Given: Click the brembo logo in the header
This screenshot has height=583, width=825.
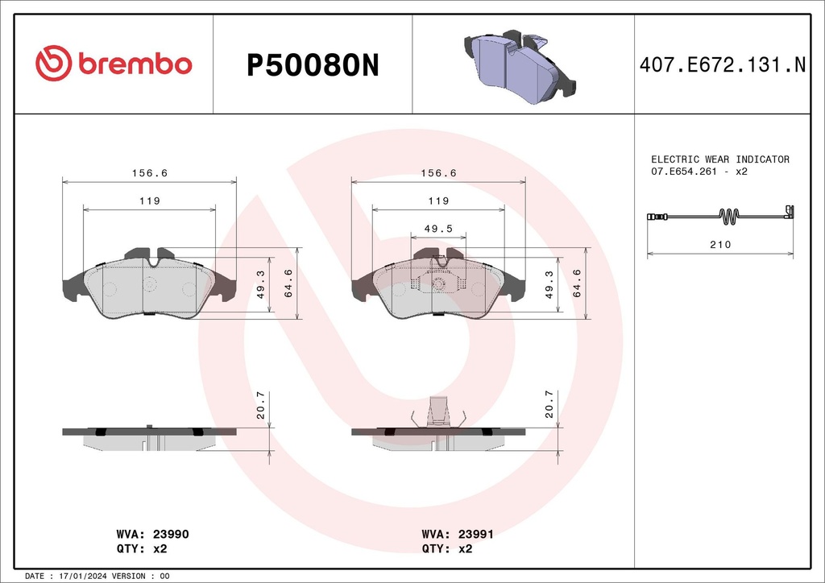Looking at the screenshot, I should point(113,64).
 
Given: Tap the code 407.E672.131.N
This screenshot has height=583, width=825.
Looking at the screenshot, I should point(722,65).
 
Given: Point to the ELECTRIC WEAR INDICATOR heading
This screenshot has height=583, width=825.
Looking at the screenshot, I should point(719,159).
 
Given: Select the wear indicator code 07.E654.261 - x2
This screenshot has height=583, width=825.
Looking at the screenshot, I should point(699,172).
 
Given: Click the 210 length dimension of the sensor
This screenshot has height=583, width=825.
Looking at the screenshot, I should point(721,244).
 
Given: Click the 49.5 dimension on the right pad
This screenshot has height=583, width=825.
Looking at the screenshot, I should point(439,229).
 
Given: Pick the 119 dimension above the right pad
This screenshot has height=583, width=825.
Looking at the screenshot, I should point(438,201).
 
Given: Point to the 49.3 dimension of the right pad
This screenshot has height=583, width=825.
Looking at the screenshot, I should point(549,284).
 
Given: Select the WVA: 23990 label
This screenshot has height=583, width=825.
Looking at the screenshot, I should point(152,534).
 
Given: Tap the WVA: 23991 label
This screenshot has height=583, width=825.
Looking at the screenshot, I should point(458,534).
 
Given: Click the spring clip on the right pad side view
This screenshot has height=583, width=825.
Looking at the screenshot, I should point(439,413).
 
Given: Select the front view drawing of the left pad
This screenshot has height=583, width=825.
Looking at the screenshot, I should point(149,286).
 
